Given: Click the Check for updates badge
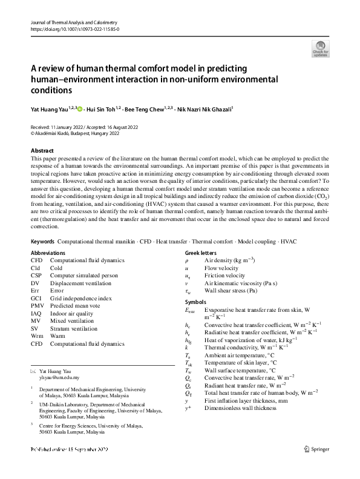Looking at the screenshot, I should [321, 48].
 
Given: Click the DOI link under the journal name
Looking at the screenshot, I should [74, 28].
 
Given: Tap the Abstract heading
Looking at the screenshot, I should [42, 151].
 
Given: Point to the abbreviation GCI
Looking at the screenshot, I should [37, 299].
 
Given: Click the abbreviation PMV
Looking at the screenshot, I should [38, 306].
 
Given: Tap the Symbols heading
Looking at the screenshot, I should [195, 302].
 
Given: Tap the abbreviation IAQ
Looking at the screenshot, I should [37, 314].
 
